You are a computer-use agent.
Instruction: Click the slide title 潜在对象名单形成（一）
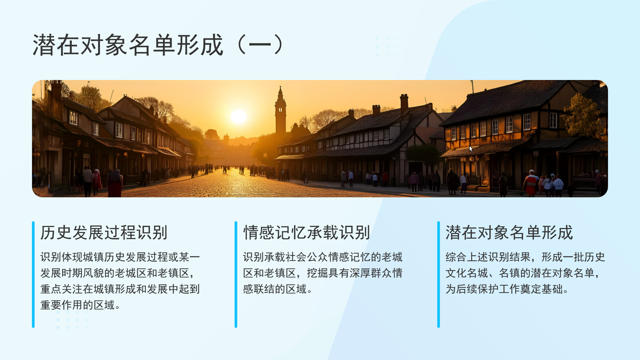click(158, 45)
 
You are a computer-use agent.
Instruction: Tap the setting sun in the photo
click(239, 117)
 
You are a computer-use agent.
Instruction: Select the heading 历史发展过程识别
click(104, 232)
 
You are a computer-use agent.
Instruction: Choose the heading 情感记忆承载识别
click(306, 232)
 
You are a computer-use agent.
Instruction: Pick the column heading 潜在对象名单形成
click(509, 232)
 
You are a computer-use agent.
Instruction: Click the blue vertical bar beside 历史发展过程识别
click(33, 274)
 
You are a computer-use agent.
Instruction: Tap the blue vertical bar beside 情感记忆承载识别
click(236, 274)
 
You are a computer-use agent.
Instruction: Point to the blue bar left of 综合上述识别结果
click(439, 274)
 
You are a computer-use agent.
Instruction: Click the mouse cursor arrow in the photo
click(471, 149)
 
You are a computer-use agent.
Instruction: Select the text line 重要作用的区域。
click(80, 305)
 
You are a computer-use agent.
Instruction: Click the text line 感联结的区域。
click(278, 289)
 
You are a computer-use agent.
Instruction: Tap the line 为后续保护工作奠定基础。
click(507, 289)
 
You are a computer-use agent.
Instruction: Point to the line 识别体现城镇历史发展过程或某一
click(120, 257)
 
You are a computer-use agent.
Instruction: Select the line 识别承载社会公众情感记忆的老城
click(323, 257)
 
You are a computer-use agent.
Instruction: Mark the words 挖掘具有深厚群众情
click(355, 273)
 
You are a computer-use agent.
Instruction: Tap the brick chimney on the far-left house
click(56, 90)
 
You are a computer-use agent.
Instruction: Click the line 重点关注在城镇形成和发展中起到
click(120, 289)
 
